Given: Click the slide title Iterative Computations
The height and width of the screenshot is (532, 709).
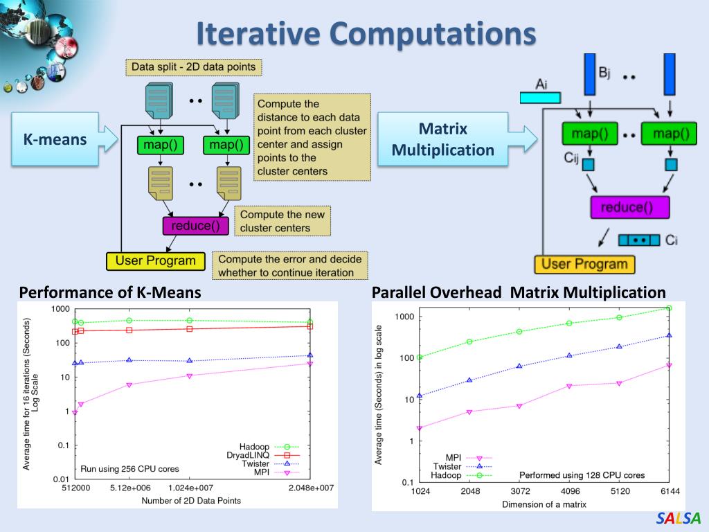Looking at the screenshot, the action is tap(366, 34).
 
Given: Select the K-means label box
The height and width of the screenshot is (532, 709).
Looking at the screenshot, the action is tap(55, 140).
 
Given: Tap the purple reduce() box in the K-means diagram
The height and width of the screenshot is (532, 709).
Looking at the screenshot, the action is tap(195, 226).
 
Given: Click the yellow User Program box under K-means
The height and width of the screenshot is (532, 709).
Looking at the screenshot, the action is tap(156, 261).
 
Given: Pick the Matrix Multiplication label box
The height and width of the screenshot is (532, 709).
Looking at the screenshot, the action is tap(443, 139).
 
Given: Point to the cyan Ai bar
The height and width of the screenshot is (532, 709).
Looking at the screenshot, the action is tap(540, 98).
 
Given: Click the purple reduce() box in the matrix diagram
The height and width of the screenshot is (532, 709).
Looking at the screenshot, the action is tap(629, 207).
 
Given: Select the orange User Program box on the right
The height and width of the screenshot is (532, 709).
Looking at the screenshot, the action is tap(584, 264).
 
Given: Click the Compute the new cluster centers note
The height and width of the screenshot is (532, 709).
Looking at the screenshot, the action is tap(282, 222).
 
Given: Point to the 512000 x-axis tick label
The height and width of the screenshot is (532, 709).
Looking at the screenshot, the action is tap(75, 488).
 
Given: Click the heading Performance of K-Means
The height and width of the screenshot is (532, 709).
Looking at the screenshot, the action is tap(110, 293).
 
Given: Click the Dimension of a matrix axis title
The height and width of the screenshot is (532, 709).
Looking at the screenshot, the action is tap(544, 504).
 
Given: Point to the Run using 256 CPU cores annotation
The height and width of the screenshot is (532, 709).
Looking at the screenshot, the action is tap(129, 469).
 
